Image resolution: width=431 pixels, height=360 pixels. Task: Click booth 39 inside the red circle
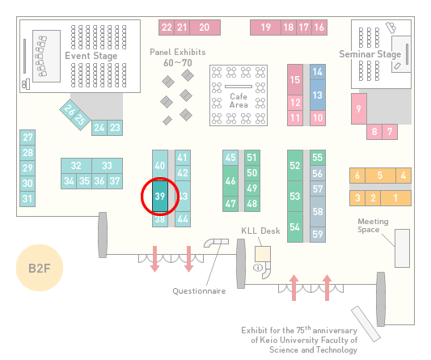(160, 196)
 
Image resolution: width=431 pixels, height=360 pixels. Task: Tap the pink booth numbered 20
(205, 28)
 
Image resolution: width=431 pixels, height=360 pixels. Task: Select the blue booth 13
(318, 95)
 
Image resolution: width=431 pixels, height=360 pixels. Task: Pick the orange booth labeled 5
(380, 176)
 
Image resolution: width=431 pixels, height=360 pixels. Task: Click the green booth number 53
(295, 196)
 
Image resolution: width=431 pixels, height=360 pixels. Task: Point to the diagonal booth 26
(70, 109)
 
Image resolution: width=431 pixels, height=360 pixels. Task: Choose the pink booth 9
(359, 108)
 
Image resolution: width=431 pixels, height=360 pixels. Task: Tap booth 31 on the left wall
(27, 198)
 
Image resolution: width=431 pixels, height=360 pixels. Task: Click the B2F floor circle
(40, 268)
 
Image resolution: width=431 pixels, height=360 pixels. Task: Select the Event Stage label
(91, 56)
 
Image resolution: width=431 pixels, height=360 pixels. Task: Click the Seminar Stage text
(370, 54)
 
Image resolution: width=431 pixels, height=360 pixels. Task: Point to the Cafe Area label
(239, 100)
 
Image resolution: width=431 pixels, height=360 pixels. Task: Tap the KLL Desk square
(263, 254)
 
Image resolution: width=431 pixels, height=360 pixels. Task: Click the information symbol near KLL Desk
(258, 267)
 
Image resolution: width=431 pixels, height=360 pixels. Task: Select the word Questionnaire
(199, 291)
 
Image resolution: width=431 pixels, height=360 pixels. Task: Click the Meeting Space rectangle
(402, 248)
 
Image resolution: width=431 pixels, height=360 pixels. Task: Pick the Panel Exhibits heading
(178, 52)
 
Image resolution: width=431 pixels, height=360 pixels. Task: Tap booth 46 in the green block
(230, 180)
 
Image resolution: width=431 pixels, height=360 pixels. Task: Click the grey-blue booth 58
(318, 211)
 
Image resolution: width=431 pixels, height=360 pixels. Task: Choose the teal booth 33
(108, 166)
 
